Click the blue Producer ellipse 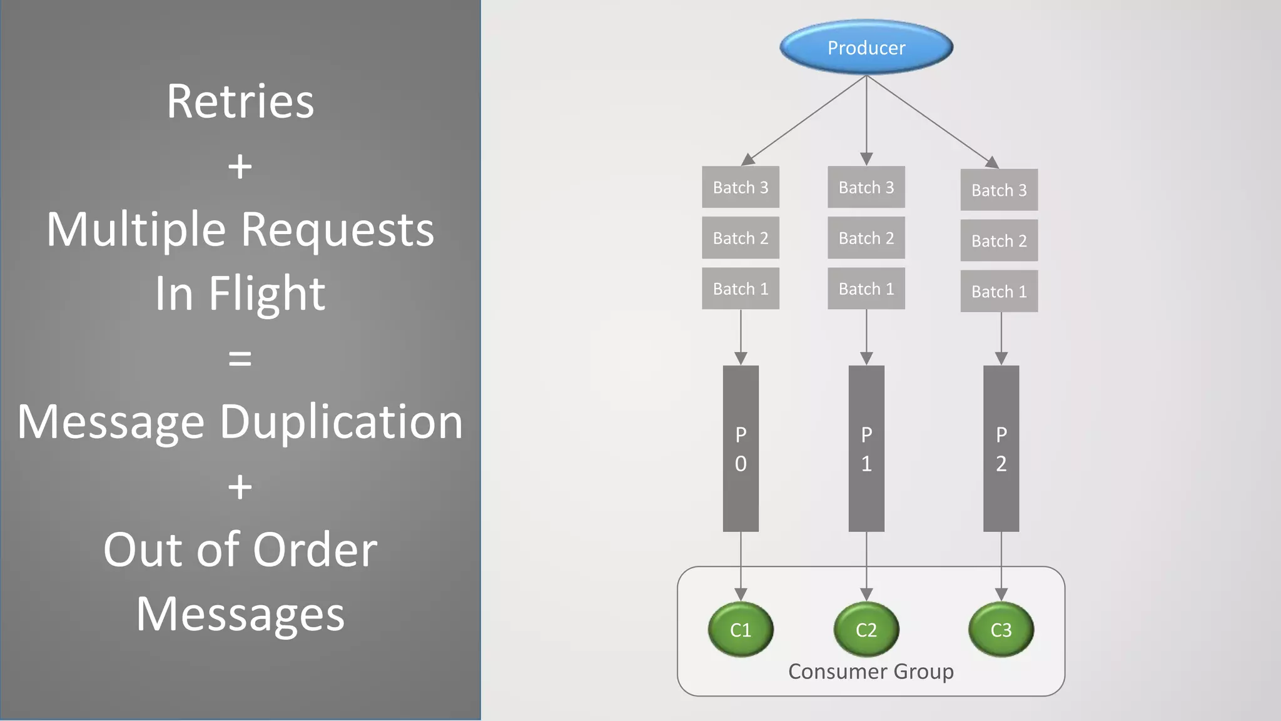pyautogui.click(x=866, y=48)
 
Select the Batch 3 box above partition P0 pyautogui.click(x=741, y=187)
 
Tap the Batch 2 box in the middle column pyautogui.click(x=866, y=238)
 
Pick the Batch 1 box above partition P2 pyautogui.click(x=999, y=291)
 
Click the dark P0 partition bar pyautogui.click(x=741, y=449)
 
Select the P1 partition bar pyautogui.click(x=866, y=449)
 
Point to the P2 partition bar pyautogui.click(x=1001, y=449)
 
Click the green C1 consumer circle pyautogui.click(x=741, y=630)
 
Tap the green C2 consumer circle pyautogui.click(x=866, y=630)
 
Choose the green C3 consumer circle pyautogui.click(x=1001, y=630)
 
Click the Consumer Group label pyautogui.click(x=871, y=672)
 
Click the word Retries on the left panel pyautogui.click(x=240, y=101)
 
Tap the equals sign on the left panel pyautogui.click(x=240, y=359)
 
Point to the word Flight pyautogui.click(x=267, y=293)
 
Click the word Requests pyautogui.click(x=337, y=230)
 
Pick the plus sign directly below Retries pyautogui.click(x=240, y=166)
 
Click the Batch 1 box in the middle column pyautogui.click(x=866, y=289)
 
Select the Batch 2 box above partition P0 pyautogui.click(x=741, y=238)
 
